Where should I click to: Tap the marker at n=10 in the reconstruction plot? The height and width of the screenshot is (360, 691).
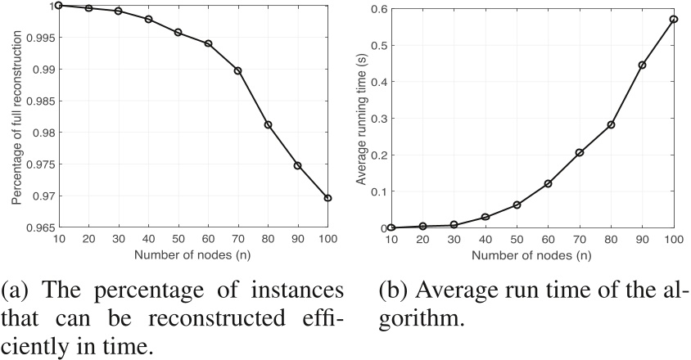tap(59, 6)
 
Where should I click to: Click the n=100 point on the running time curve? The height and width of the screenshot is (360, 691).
tap(675, 20)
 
